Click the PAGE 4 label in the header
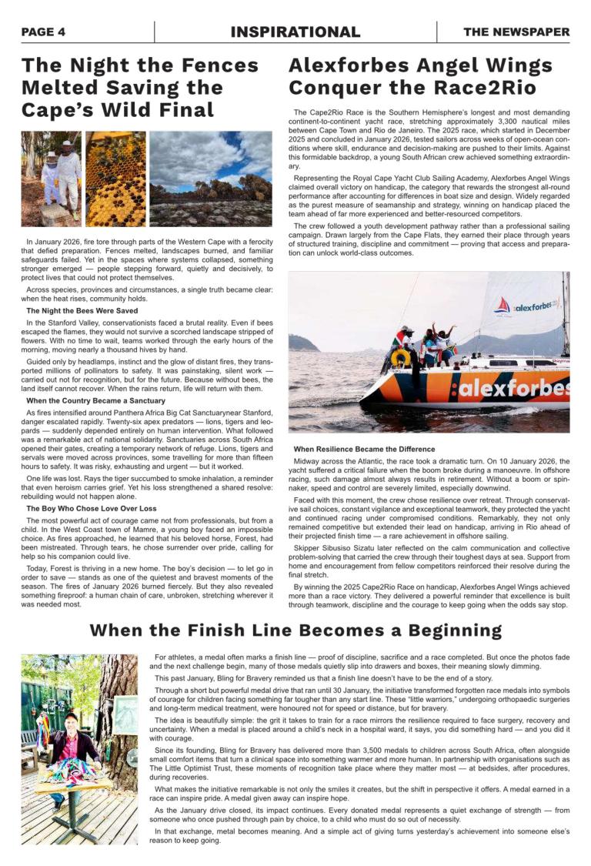[x=43, y=32]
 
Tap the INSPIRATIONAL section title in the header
[x=295, y=32]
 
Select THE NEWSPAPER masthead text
[x=516, y=32]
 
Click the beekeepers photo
[x=51, y=179]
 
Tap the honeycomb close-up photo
[x=115, y=179]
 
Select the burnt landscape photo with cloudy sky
[x=210, y=179]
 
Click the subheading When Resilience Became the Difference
[x=364, y=449]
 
